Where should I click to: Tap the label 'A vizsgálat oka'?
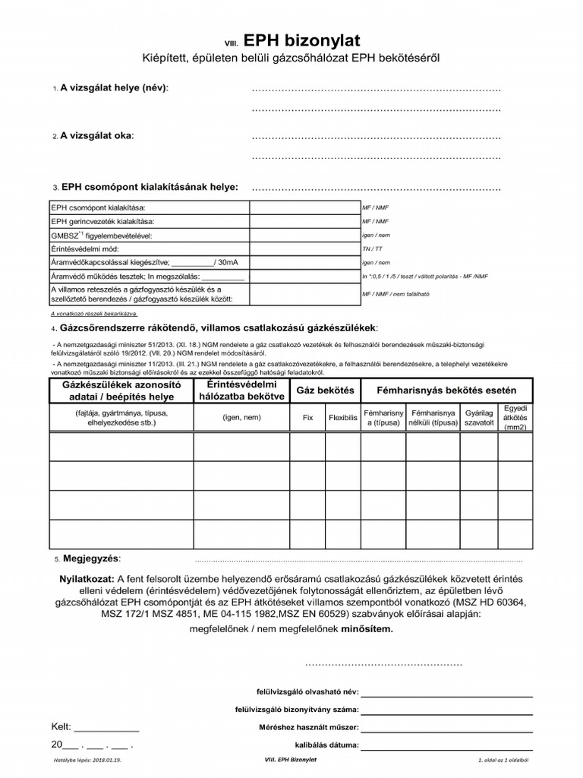96,136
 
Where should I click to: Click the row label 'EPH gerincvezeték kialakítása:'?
102,221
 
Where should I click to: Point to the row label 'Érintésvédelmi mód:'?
85,248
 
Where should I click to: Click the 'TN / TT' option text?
372,248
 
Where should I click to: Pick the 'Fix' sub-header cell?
307,418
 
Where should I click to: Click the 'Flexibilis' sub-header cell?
343,418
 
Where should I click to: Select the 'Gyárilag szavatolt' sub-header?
479,418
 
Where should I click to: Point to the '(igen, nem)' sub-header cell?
241,418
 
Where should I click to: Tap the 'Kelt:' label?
61,727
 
